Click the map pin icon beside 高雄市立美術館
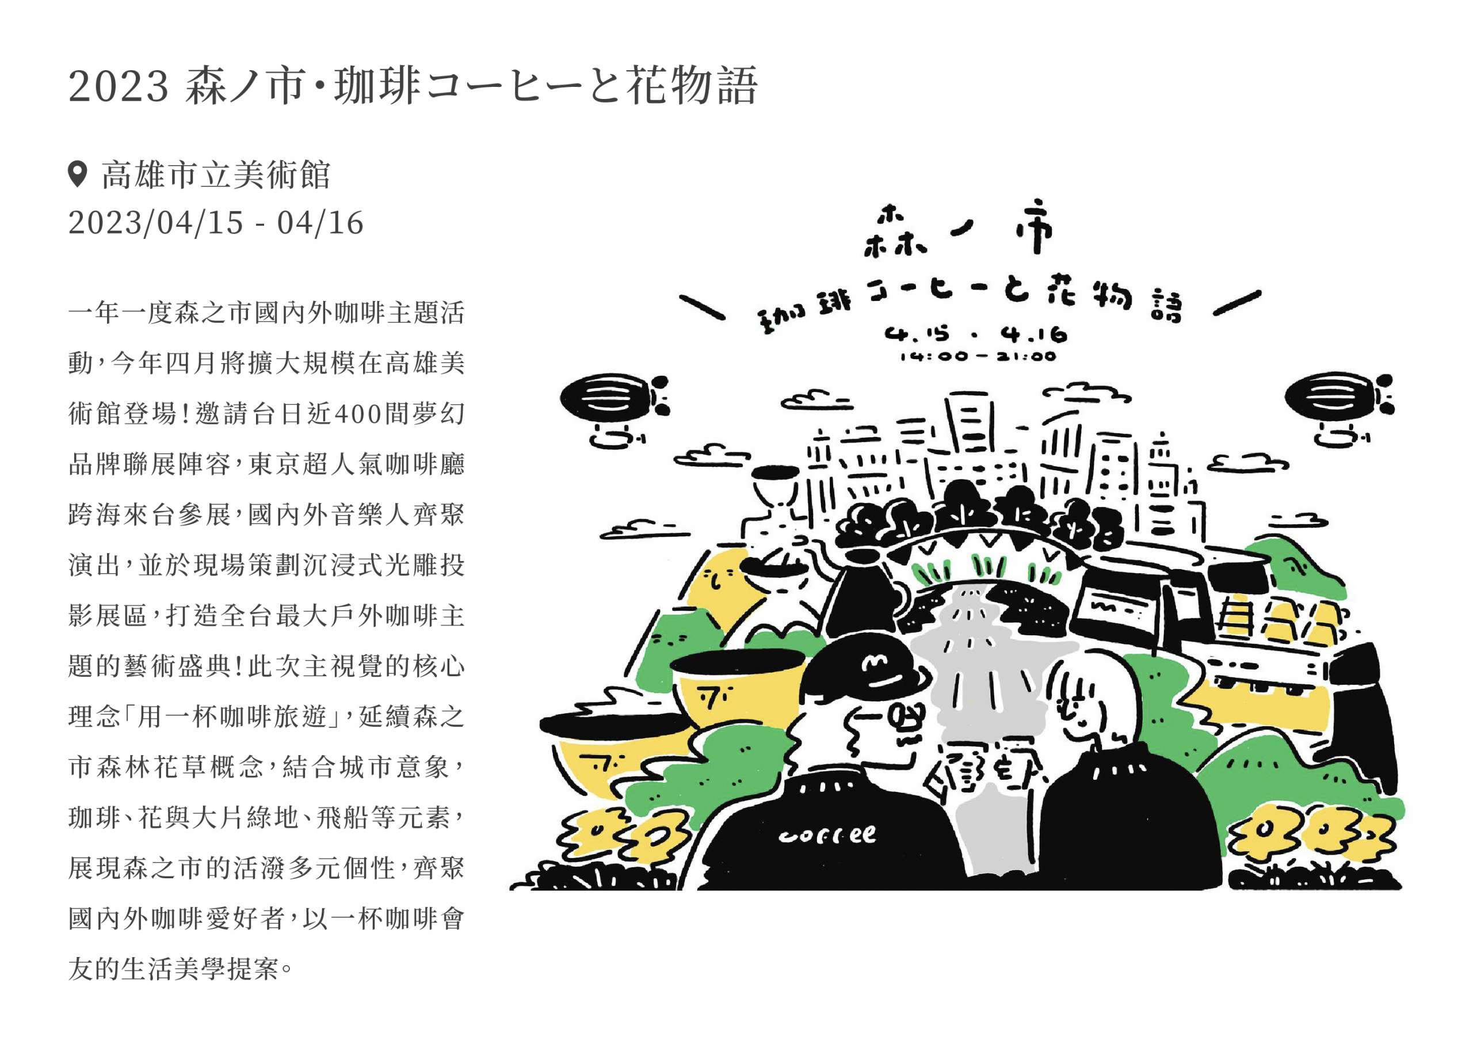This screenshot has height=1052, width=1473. pyautogui.click(x=77, y=175)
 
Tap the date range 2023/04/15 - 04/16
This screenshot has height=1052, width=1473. pyautogui.click(x=216, y=223)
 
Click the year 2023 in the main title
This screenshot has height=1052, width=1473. pyautogui.click(x=119, y=87)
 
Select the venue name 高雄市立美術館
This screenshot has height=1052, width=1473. pyautogui.click(x=216, y=175)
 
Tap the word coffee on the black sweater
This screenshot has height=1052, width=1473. pyautogui.click(x=827, y=836)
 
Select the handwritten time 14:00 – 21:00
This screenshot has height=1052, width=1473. pyautogui.click(x=978, y=356)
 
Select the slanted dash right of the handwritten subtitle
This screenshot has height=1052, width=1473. pyautogui.click(x=1237, y=303)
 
